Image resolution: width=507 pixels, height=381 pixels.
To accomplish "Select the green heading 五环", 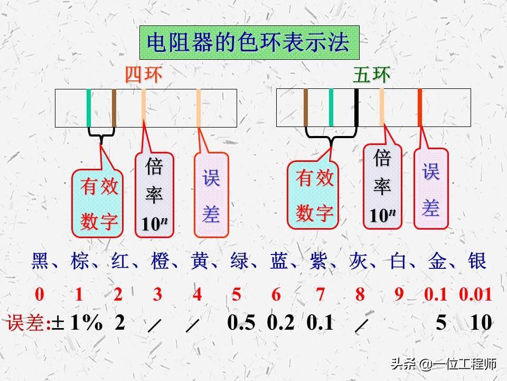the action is [371, 75].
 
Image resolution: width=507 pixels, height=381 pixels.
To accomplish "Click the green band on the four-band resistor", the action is [89, 108].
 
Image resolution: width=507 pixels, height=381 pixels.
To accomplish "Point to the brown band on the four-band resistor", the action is [114, 108].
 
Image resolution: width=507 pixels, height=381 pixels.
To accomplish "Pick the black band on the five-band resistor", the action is [356, 107].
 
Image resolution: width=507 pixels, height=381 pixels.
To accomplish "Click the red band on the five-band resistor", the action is [420, 107].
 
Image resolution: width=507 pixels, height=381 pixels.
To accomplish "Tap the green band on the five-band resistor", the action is [331, 107].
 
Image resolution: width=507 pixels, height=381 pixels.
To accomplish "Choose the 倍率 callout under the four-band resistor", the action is [155, 195].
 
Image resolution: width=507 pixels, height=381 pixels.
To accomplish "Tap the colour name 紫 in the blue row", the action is [318, 262].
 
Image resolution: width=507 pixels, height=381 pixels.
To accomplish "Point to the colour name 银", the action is [477, 262].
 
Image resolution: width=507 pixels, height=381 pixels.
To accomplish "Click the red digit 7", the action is [320, 295].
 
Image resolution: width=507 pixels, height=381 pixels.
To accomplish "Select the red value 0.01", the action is [475, 295].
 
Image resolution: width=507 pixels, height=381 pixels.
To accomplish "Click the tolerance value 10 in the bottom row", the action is [481, 322].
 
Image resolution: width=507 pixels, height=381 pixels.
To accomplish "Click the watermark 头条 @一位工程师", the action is [443, 364].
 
